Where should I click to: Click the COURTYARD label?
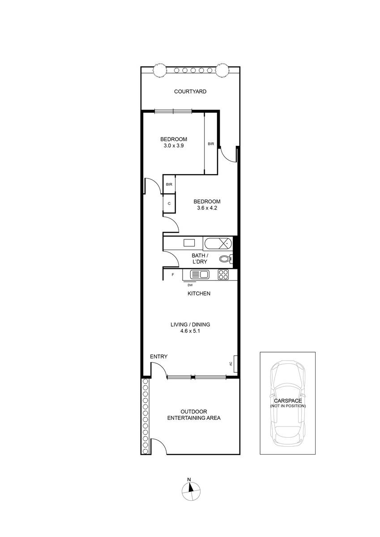(x=190, y=91)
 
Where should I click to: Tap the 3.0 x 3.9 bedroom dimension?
(x=174, y=145)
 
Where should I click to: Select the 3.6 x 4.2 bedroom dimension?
(x=207, y=208)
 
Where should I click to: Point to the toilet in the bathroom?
(x=226, y=259)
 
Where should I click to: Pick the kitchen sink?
(x=200, y=274)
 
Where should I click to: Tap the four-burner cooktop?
(x=223, y=274)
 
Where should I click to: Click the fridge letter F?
(x=173, y=275)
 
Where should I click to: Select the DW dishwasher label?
(x=190, y=285)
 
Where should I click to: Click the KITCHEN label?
(x=199, y=294)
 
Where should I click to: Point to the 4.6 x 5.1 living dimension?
(x=190, y=331)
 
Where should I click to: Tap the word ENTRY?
(x=158, y=357)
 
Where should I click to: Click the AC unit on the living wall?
(x=235, y=364)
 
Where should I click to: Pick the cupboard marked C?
(x=169, y=203)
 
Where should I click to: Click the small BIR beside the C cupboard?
(x=169, y=184)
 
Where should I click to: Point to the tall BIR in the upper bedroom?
(x=211, y=144)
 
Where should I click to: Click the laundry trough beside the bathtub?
(x=189, y=243)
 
